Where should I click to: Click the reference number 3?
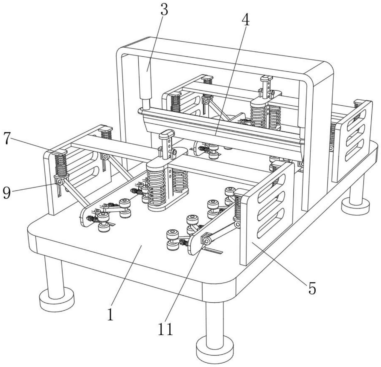[164, 10]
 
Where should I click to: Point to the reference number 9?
[7, 193]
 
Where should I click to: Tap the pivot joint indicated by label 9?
[60, 182]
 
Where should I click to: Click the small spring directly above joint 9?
[61, 165]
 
